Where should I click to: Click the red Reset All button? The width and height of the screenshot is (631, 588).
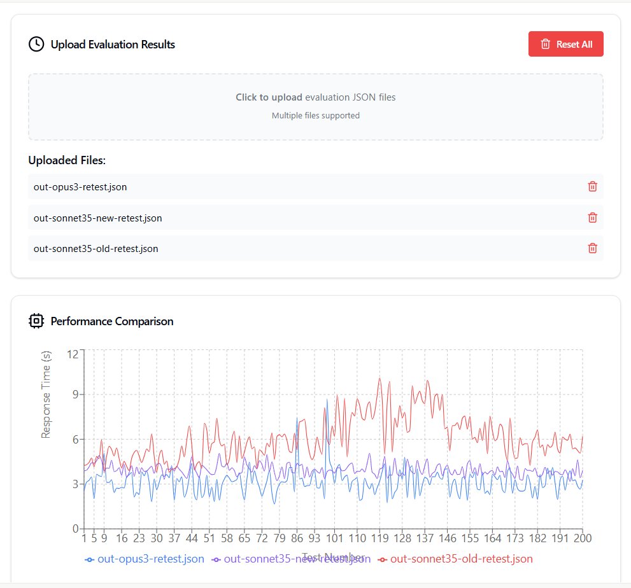(x=565, y=44)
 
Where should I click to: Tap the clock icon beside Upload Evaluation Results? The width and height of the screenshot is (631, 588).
(x=36, y=44)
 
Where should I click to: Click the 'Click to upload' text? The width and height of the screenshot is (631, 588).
(x=269, y=97)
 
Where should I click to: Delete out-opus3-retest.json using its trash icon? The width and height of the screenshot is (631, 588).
(x=592, y=186)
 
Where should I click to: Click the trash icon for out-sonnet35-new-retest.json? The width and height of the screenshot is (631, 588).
(x=592, y=218)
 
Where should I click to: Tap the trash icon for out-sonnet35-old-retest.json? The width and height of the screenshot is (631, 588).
(x=592, y=248)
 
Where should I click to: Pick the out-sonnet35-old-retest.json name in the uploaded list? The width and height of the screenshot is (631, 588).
(x=96, y=249)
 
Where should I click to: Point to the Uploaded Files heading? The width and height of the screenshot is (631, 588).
(x=67, y=160)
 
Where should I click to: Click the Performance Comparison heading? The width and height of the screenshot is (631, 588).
(x=111, y=321)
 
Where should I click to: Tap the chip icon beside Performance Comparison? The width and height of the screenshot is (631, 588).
(x=36, y=321)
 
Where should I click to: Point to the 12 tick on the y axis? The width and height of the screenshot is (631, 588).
(x=71, y=354)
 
